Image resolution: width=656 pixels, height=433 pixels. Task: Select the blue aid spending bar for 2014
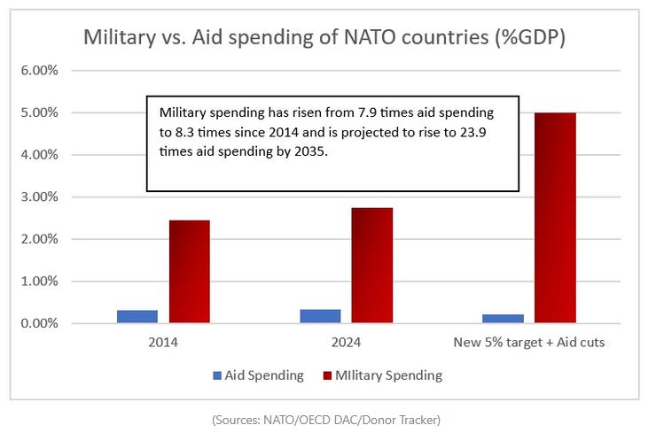click(x=137, y=316)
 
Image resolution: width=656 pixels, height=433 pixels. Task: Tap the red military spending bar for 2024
click(x=372, y=266)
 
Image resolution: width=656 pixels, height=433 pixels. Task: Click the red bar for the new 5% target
click(x=556, y=218)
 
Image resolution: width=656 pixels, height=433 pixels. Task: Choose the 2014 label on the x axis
click(x=164, y=343)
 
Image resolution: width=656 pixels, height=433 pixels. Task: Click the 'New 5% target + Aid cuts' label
click(x=530, y=343)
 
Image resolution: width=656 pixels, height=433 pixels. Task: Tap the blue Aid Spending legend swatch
click(x=218, y=375)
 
